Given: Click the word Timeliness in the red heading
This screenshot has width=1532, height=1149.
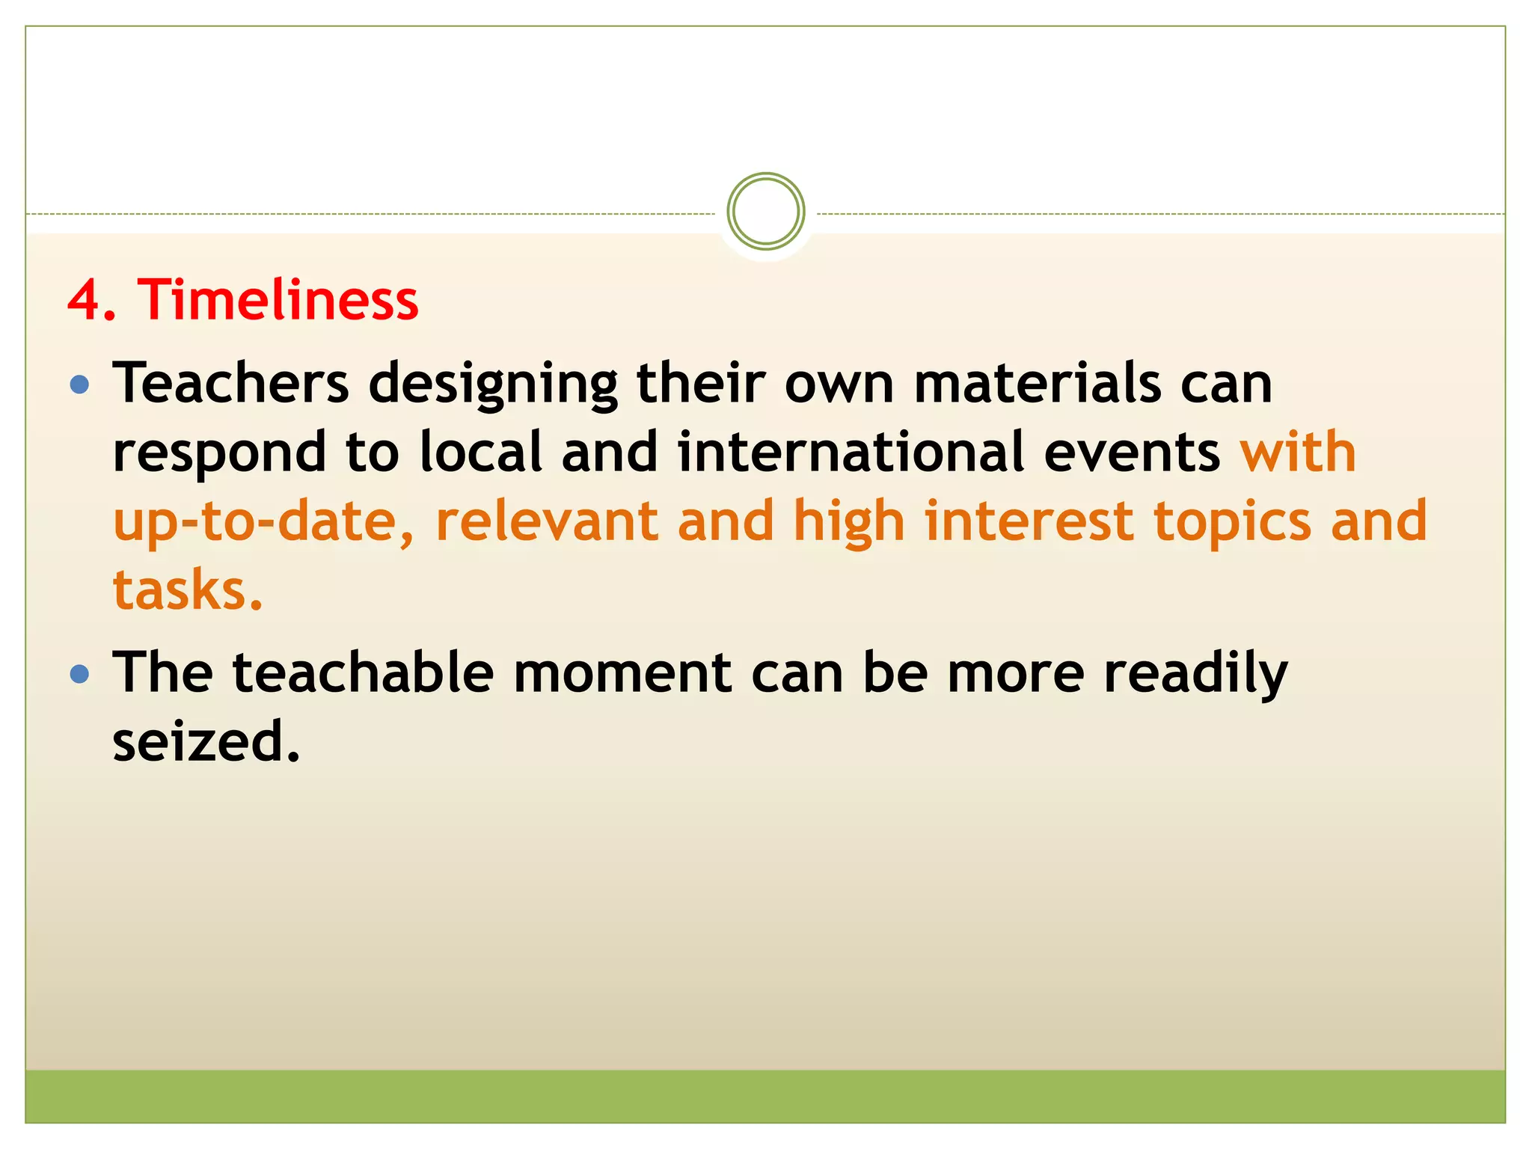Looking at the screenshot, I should tap(278, 299).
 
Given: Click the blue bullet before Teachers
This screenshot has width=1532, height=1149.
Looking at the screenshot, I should tap(79, 385).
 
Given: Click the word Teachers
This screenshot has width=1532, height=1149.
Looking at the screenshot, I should tap(231, 383).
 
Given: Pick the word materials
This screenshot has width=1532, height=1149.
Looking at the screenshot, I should tap(1038, 383).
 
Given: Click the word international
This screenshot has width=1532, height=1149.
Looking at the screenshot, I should tap(851, 452).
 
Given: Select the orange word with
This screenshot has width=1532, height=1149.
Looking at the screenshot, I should tap(1299, 452).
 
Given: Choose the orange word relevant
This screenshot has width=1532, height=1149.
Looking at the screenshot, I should tap(547, 521).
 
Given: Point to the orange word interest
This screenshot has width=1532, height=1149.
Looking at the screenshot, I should tap(1029, 521).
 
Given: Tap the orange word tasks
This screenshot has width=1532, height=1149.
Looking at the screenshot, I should tap(187, 590).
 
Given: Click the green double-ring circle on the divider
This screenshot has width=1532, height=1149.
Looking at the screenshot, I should tap(765, 212).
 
